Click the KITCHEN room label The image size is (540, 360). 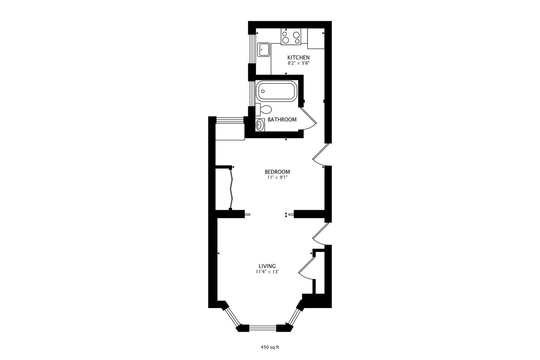point(298,58)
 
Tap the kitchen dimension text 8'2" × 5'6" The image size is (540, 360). point(298,63)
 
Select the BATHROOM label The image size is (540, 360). point(282,120)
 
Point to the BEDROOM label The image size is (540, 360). point(277,172)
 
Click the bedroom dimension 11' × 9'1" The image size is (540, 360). point(277,178)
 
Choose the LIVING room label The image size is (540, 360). point(267,266)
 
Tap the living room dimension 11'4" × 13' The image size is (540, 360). point(267,272)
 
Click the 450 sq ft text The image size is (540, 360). point(270,347)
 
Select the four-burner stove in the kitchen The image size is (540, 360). point(291,37)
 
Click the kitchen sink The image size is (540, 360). point(263,50)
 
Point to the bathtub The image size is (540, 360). point(276,91)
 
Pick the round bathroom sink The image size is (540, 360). point(260,125)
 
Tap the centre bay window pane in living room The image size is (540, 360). point(263,328)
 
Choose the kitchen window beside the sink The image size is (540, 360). point(252,49)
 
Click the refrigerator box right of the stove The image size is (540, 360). point(316,39)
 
